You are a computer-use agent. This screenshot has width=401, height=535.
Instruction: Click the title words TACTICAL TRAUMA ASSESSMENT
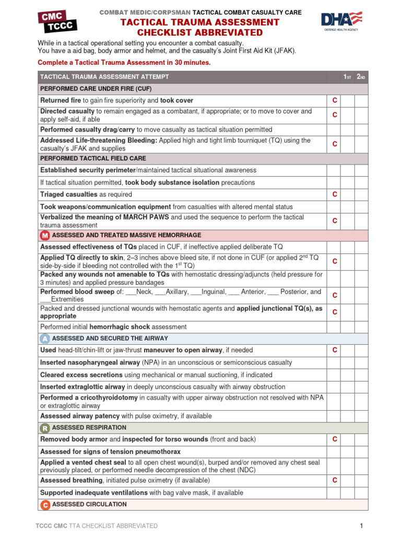(200, 22)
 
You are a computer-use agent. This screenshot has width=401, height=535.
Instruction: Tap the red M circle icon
(45, 236)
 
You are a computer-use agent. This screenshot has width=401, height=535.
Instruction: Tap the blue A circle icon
(45, 339)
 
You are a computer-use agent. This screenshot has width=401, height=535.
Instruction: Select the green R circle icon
(45, 428)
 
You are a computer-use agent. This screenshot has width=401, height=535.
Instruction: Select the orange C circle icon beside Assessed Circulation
(45, 505)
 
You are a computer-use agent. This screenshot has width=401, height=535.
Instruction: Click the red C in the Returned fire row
(335, 100)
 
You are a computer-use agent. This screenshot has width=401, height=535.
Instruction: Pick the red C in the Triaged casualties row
(335, 194)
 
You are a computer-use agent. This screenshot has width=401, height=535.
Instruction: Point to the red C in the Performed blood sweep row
(335, 295)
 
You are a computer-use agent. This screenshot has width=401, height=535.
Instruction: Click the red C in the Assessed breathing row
(335, 480)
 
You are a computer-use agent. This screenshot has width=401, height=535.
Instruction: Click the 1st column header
(347, 77)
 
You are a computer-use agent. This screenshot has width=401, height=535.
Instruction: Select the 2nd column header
(361, 77)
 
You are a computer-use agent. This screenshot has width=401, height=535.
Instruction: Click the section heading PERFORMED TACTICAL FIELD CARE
(93, 158)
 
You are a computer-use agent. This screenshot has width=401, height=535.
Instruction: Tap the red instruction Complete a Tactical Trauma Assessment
(124, 63)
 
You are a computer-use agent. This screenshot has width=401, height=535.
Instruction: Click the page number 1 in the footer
(361, 526)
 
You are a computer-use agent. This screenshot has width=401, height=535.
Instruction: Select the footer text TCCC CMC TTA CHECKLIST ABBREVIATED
(96, 526)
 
